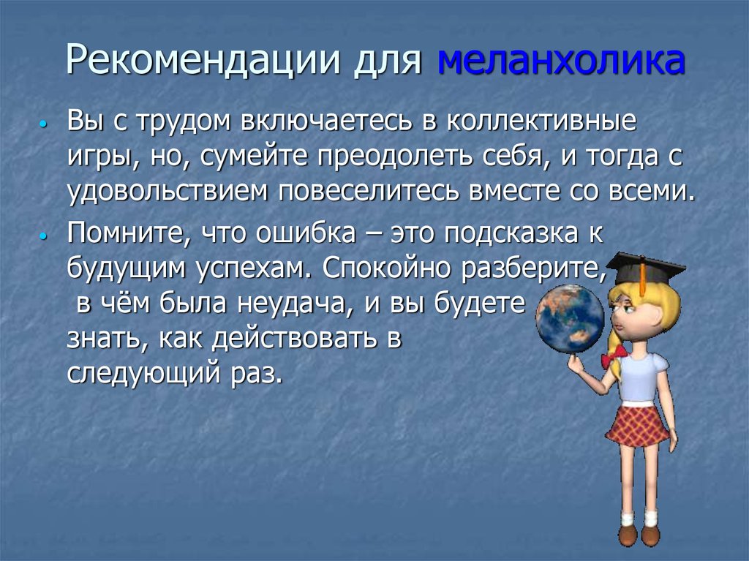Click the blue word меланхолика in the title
[x=561, y=64]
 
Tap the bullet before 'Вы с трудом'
[x=45, y=125]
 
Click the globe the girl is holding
[x=570, y=318]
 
